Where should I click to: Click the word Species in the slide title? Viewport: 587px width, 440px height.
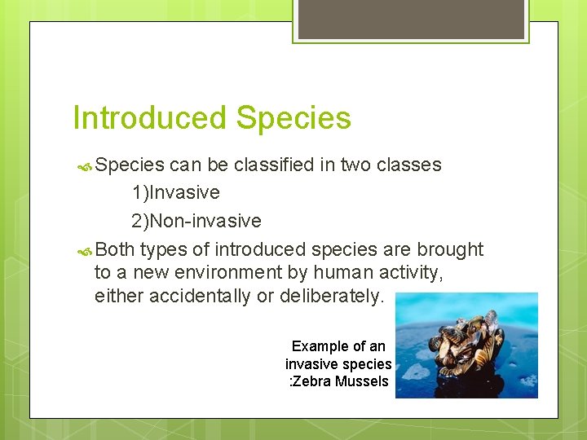click(x=293, y=118)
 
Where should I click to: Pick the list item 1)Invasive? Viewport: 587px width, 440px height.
click(x=175, y=193)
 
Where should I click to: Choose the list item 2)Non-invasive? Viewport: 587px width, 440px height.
click(x=196, y=221)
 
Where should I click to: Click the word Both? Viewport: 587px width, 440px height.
click(x=114, y=249)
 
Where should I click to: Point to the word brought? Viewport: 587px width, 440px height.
click(x=450, y=249)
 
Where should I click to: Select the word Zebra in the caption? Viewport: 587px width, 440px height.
click(x=310, y=381)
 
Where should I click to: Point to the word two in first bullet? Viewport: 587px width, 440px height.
click(x=355, y=165)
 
